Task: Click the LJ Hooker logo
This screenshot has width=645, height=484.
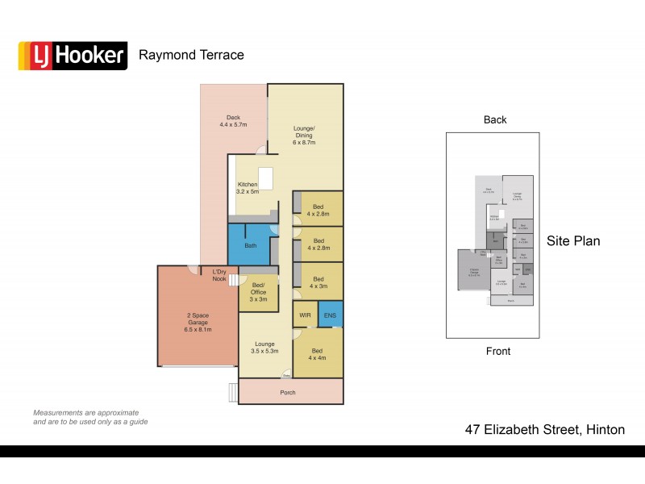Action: click(x=73, y=56)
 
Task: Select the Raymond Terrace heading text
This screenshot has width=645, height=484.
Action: click(x=191, y=55)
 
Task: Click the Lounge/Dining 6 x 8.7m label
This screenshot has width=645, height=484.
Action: click(x=304, y=135)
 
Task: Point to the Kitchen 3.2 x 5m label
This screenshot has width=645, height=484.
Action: click(x=248, y=188)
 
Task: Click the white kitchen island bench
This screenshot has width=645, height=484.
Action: click(x=264, y=177)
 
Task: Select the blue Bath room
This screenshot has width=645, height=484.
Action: click(x=250, y=245)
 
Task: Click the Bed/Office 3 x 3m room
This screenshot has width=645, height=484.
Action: click(x=258, y=292)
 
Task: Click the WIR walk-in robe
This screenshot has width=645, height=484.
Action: click(x=305, y=314)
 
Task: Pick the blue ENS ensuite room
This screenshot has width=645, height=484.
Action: click(x=331, y=314)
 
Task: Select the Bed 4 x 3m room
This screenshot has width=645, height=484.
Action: click(x=318, y=282)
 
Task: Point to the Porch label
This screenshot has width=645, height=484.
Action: click(x=287, y=393)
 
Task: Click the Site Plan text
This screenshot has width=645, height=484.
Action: click(x=572, y=240)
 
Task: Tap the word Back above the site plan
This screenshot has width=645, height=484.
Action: click(x=495, y=119)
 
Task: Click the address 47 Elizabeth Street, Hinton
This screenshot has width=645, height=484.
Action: click(x=545, y=430)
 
